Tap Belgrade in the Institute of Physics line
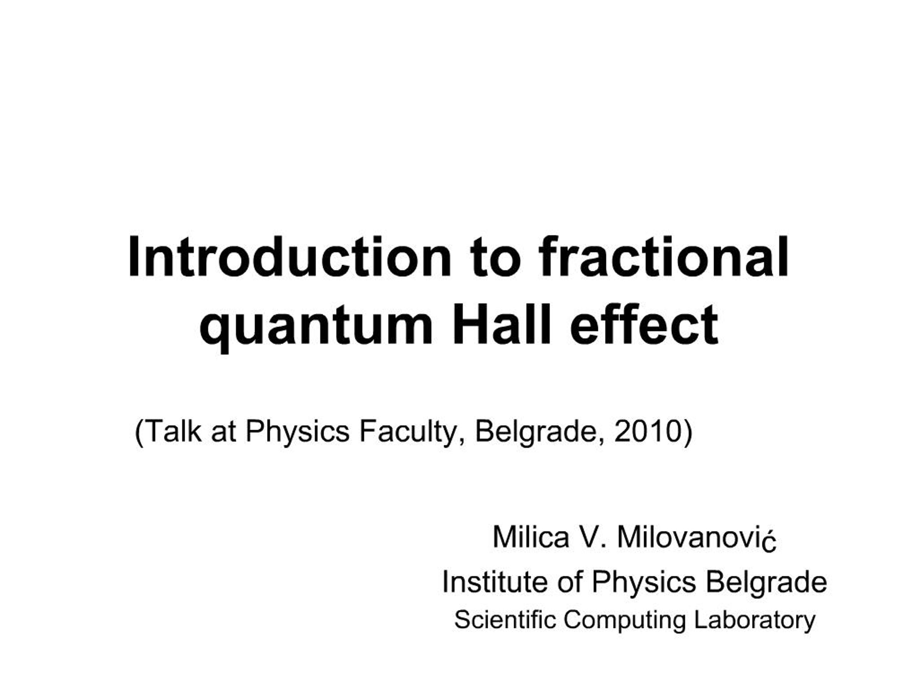click(x=766, y=582)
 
